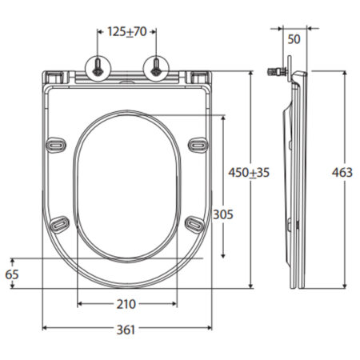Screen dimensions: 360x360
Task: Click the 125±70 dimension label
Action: [x=127, y=32]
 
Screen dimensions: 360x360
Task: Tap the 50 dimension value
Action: [x=294, y=39]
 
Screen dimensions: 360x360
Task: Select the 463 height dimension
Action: [x=342, y=173]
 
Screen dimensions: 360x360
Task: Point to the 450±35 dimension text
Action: [x=249, y=173]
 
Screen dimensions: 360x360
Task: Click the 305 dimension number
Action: [x=223, y=214]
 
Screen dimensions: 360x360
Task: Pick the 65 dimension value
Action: [x=12, y=274]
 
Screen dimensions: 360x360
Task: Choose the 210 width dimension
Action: [x=126, y=304]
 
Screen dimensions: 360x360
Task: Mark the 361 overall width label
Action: [x=126, y=330]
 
